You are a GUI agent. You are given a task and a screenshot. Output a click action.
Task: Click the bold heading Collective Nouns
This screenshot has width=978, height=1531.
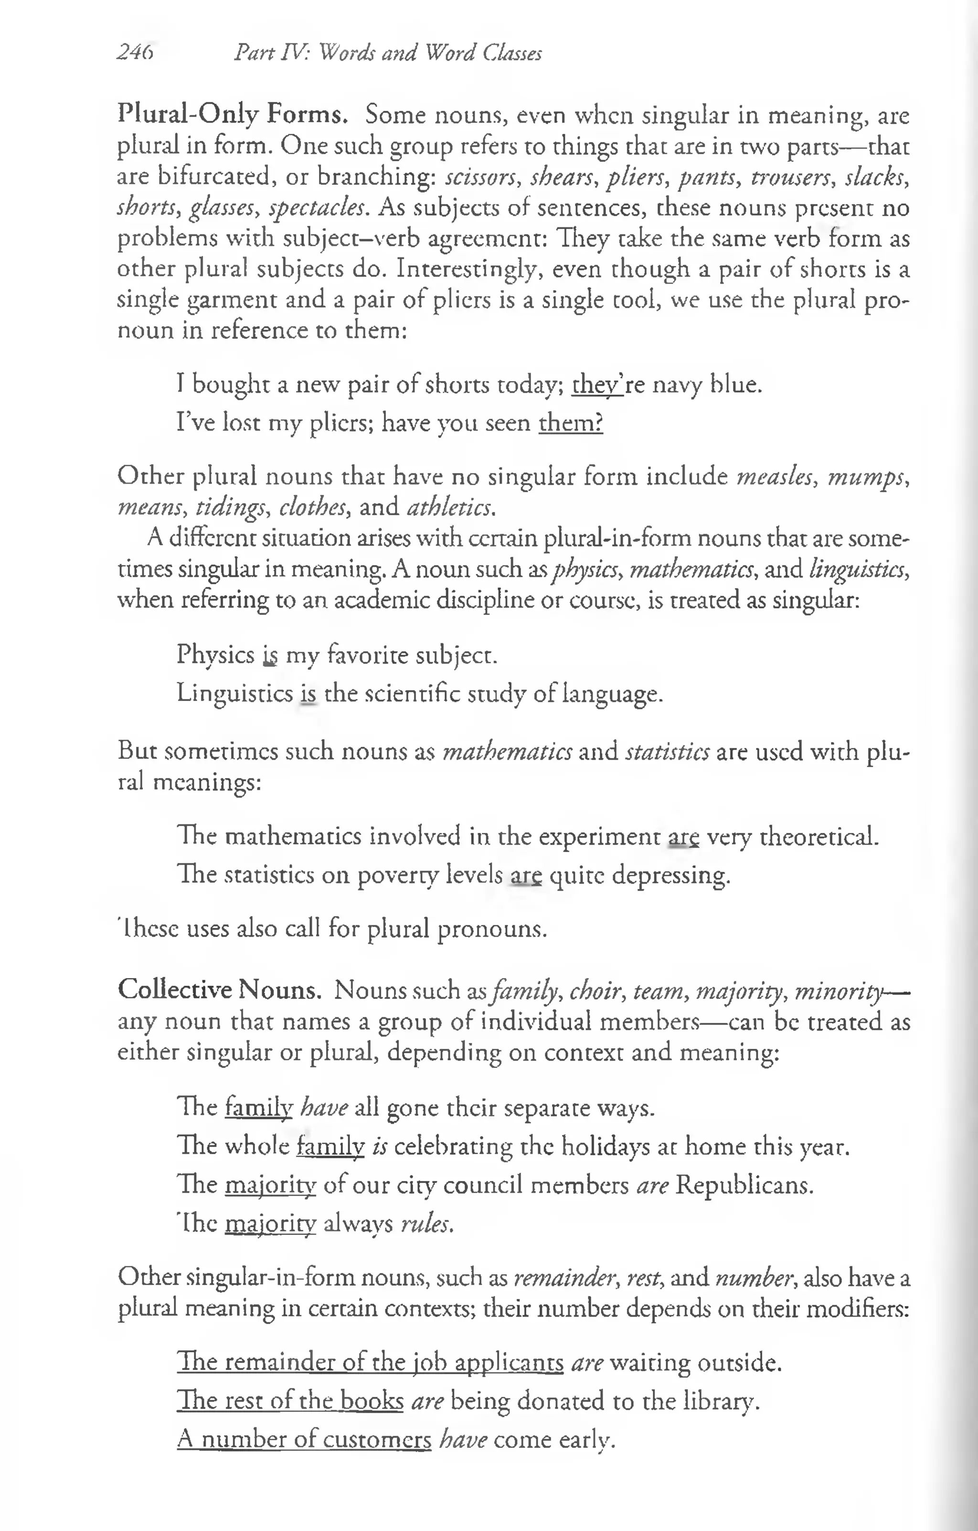coord(219,990)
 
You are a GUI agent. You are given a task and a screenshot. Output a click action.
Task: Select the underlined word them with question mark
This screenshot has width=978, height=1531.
coord(570,423)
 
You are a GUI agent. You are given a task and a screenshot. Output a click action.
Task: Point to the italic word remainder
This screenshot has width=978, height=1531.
coord(553,1277)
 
